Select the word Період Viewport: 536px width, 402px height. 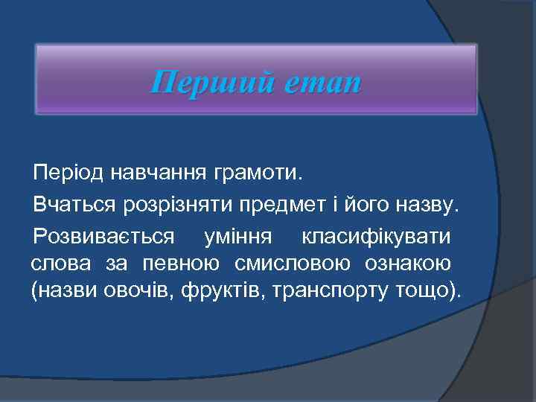[68, 174]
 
